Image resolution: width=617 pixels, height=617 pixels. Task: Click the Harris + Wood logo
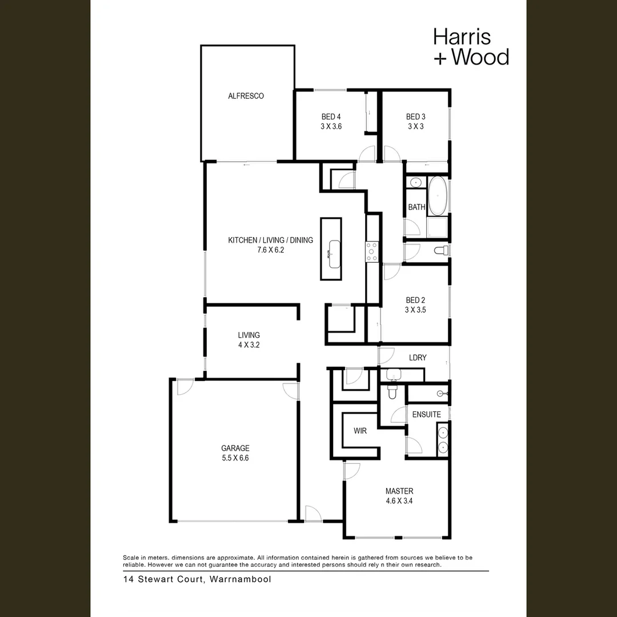coord(471,46)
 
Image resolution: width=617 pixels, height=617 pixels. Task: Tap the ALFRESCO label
coord(246,96)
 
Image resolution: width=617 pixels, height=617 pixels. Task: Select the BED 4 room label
coord(331,117)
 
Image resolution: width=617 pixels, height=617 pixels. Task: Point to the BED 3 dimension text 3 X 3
coord(415,127)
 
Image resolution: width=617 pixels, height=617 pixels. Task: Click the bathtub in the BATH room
coord(438,195)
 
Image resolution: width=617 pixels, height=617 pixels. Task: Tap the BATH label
coord(416,207)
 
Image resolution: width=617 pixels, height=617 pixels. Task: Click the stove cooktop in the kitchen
coord(372,252)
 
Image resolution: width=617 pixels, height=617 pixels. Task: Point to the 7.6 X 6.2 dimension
coord(270,250)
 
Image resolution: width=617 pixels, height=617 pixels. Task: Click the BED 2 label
coord(415,300)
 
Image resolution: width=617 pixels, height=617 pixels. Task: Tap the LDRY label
coord(418,358)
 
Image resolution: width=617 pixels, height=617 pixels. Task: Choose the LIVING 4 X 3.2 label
coord(249,340)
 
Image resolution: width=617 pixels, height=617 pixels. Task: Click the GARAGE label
coord(235,448)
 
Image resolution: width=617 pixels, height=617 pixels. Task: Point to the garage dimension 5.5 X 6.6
coord(235,458)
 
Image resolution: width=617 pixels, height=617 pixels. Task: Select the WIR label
coord(360,431)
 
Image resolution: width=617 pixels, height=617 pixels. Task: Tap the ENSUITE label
coord(426,414)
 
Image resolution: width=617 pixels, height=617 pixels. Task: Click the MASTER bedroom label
coord(399,491)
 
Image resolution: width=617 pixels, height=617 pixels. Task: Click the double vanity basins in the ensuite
coord(443,439)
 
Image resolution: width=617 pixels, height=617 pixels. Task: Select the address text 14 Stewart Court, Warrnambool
coord(197,579)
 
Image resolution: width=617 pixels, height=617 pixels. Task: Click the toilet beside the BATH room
coord(441,250)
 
